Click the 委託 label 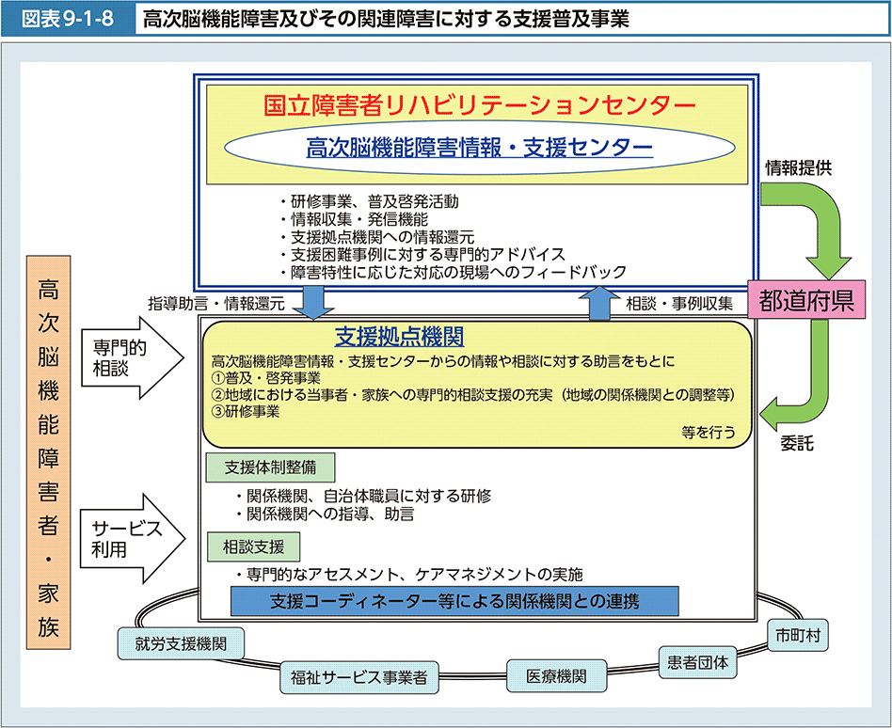[x=797, y=444]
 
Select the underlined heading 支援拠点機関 [x=399, y=337]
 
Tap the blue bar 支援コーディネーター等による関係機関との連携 [x=454, y=600]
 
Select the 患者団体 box [x=696, y=660]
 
